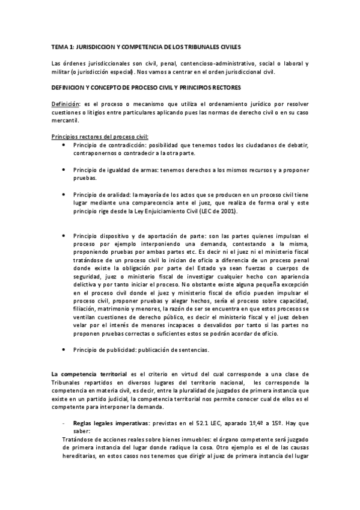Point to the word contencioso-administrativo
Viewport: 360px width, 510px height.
217,63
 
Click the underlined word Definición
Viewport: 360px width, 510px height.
66,104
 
